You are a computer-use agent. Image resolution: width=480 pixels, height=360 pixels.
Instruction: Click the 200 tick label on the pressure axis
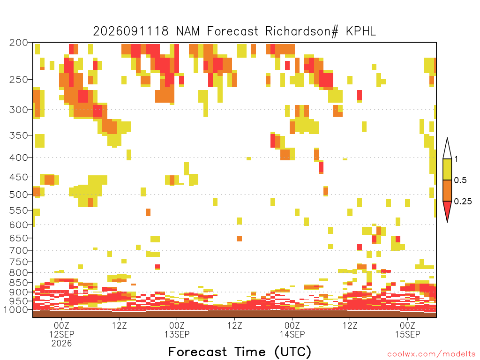point(18,43)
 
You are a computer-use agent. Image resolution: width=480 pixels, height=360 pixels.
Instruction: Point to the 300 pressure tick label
point(18,110)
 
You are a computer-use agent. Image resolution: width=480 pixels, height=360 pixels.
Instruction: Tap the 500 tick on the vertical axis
point(18,195)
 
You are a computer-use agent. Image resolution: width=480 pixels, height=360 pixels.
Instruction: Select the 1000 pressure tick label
point(16,310)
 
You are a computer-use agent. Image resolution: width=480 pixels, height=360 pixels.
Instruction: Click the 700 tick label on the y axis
point(18,250)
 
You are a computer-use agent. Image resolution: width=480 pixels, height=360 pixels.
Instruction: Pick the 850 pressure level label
point(18,283)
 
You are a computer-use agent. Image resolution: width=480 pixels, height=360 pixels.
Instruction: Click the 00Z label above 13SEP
point(177,325)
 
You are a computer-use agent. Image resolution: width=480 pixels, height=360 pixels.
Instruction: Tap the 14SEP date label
point(292,334)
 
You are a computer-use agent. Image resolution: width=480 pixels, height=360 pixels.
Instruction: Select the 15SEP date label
point(408,334)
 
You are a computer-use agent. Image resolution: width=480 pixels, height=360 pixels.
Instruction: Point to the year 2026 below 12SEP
point(61,344)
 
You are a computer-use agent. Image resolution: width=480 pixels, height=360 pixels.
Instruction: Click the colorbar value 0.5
point(460,180)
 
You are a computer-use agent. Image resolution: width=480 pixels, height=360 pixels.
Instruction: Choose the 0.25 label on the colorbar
point(463,202)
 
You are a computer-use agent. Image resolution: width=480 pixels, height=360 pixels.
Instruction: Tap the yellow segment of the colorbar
point(447,169)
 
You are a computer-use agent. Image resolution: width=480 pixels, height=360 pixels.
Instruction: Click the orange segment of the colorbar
point(447,190)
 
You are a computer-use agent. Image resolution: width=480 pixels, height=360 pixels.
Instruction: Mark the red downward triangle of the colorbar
point(447,210)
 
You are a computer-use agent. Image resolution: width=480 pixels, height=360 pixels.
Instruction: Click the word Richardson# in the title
point(302,31)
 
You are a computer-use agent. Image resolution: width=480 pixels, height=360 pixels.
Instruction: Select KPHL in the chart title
point(361,31)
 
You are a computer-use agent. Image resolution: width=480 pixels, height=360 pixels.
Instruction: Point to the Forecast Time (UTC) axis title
point(240,352)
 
